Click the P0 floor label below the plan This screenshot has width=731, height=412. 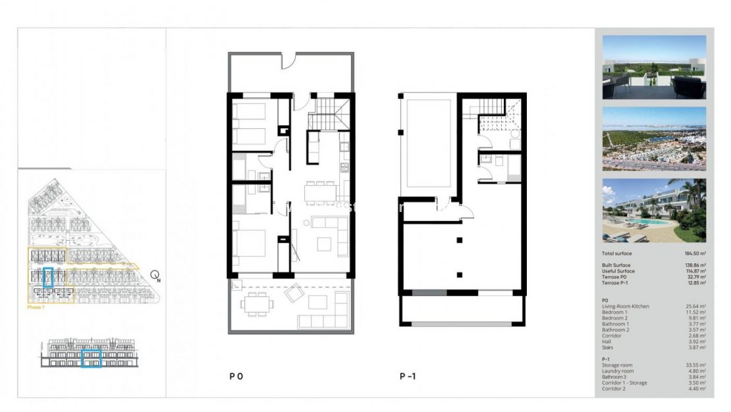[236, 376]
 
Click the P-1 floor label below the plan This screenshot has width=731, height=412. [408, 376]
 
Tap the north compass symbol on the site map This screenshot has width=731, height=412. [155, 276]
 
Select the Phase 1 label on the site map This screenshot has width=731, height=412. [37, 307]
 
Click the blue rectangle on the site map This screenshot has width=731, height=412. [47, 277]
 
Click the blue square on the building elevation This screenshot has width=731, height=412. [91, 358]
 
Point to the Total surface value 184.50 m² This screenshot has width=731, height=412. [695, 253]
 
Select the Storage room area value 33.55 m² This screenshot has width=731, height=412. [695, 365]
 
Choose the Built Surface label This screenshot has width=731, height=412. [617, 265]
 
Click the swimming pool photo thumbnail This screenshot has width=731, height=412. [654, 210]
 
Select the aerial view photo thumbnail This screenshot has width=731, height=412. [654, 139]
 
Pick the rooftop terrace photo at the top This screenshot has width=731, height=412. [654, 67]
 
